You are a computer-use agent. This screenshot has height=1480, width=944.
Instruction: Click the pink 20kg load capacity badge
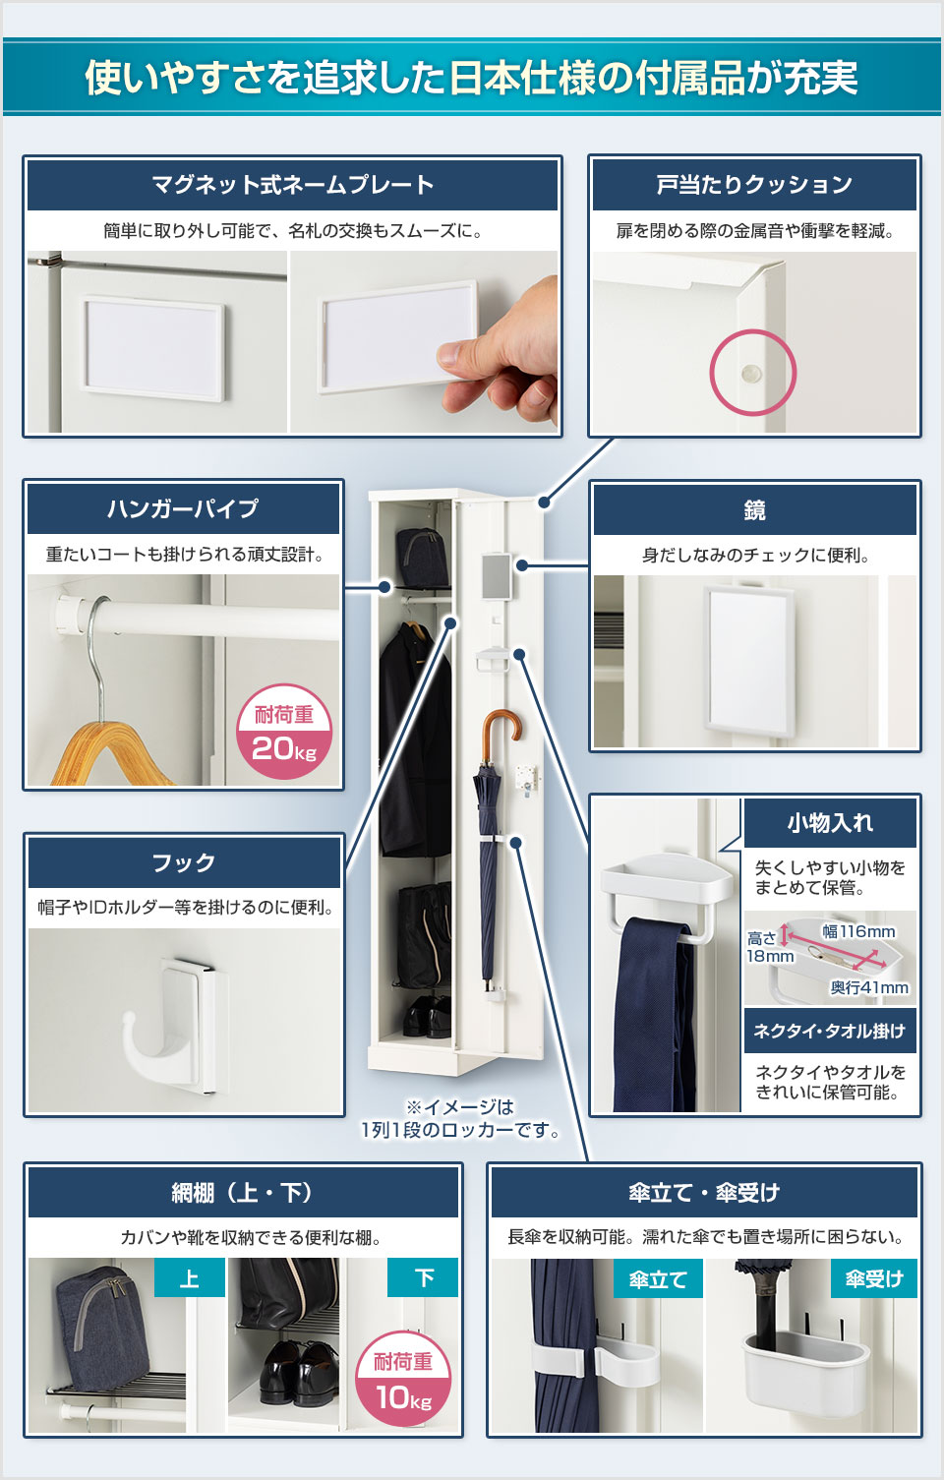[x=284, y=732]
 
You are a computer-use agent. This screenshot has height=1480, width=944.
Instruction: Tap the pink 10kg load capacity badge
[x=403, y=1379]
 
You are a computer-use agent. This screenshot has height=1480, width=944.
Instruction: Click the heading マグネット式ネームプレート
[x=292, y=184]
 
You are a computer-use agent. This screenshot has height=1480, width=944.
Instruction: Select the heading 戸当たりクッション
[x=754, y=184]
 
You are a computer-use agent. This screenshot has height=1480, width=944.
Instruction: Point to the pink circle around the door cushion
[x=752, y=373]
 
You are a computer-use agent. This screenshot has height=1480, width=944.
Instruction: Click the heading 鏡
[x=754, y=509]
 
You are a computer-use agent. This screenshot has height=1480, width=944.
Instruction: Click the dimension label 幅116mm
[x=858, y=930]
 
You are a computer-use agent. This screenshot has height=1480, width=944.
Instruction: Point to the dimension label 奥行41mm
[x=868, y=987]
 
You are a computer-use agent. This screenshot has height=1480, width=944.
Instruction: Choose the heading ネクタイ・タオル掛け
[x=829, y=1031]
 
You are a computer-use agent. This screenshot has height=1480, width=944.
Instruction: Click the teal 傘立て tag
[x=657, y=1279]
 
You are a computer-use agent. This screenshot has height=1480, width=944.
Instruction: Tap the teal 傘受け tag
[x=873, y=1278]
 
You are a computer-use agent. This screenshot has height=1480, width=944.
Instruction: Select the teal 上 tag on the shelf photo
[x=189, y=1278]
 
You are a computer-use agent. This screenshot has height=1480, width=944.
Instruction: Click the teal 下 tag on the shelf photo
[x=423, y=1277]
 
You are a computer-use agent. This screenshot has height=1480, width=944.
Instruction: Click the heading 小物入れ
[x=829, y=823]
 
